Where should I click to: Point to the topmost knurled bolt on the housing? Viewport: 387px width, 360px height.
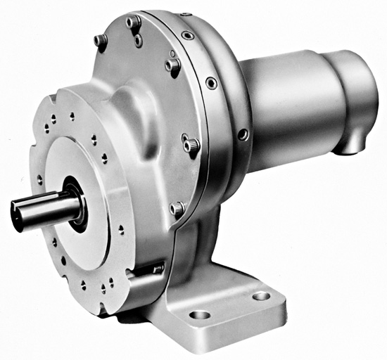pos(133,22)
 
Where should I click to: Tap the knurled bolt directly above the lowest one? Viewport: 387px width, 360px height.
pos(191,144)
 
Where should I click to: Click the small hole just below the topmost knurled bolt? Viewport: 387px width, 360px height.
pos(139,41)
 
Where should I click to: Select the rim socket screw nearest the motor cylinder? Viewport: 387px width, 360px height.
pos(243,134)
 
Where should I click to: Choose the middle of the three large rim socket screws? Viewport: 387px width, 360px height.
pos(211,83)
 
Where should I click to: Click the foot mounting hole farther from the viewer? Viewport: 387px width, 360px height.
pos(261,296)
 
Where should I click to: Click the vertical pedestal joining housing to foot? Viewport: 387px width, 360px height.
pos(204,246)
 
